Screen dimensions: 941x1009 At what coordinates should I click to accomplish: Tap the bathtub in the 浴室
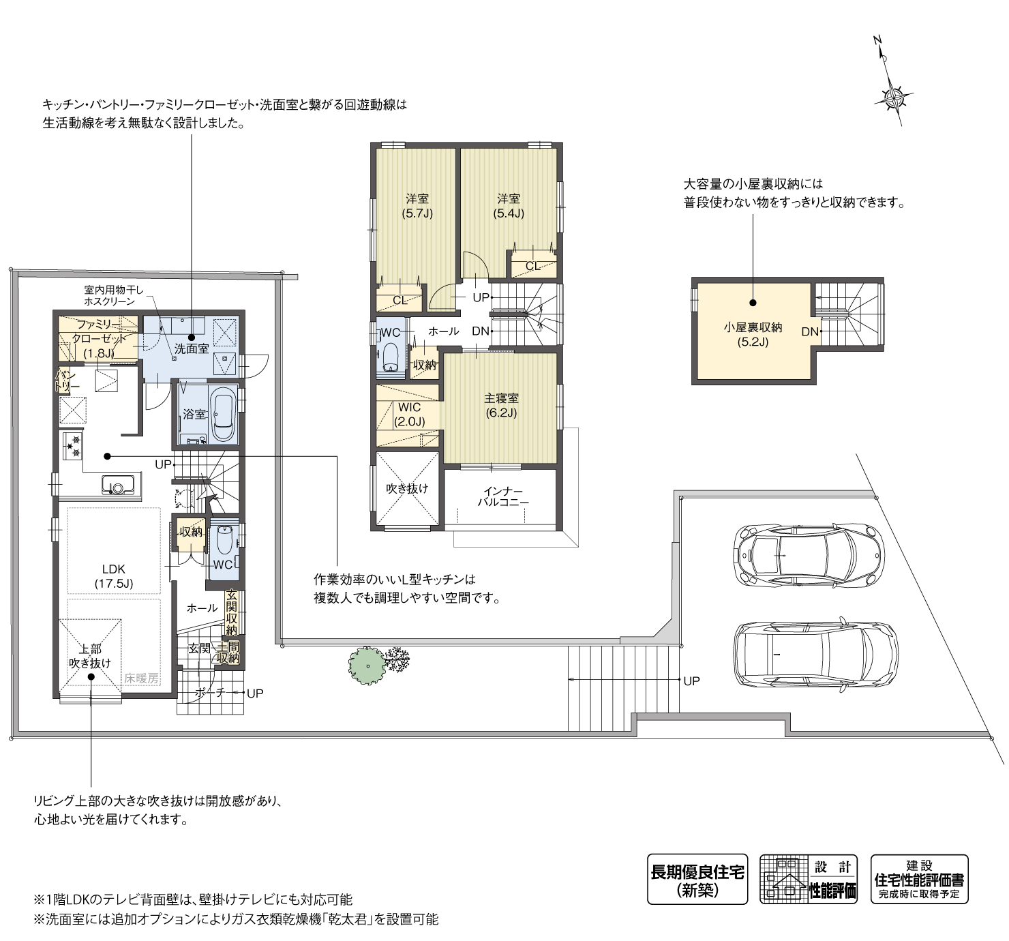[x=224, y=415]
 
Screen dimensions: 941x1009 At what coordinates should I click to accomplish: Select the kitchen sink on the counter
[x=117, y=486]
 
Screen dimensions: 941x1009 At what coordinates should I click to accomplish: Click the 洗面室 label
[x=191, y=348]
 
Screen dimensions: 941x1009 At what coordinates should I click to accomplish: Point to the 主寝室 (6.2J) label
[x=501, y=405]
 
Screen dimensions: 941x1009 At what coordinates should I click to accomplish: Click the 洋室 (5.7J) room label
[x=417, y=205]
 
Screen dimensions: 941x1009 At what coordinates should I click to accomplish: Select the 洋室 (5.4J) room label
[x=509, y=205]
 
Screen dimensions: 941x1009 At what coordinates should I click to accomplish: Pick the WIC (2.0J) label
[x=409, y=415]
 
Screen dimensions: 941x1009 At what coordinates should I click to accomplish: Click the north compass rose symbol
[x=892, y=96]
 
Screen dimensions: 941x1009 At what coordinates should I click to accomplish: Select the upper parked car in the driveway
[x=808, y=555]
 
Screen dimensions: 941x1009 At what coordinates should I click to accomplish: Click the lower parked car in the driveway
[x=815, y=654]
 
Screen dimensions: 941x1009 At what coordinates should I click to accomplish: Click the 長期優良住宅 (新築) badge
[x=697, y=879]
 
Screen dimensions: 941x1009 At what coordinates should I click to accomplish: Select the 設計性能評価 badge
[x=809, y=879]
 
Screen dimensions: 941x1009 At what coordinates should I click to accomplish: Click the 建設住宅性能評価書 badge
[x=919, y=879]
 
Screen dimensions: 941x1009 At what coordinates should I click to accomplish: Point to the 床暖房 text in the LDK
[x=141, y=678]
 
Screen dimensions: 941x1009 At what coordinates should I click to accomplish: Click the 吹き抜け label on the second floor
[x=407, y=488]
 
